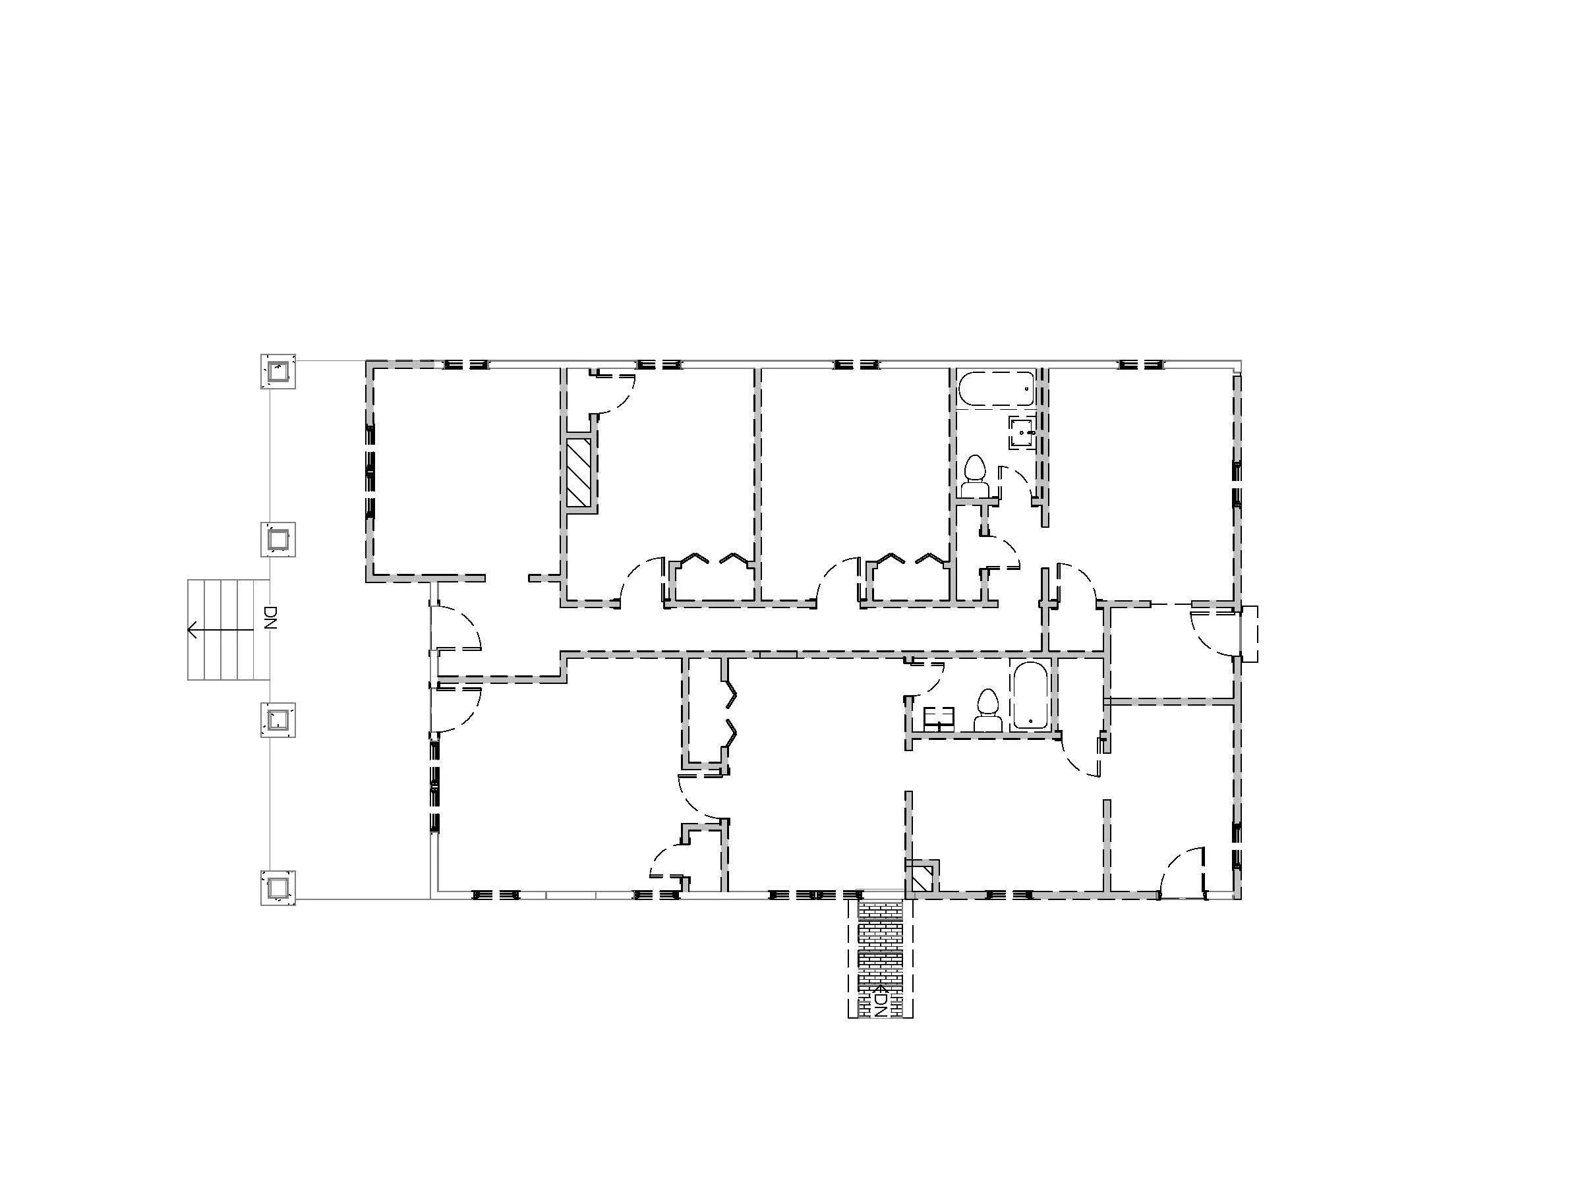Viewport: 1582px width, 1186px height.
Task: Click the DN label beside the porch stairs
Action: pyautogui.click(x=270, y=617)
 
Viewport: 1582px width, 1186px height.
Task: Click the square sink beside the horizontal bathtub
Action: pyautogui.click(x=1022, y=432)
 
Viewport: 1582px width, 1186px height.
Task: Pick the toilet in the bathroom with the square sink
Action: pyautogui.click(x=974, y=477)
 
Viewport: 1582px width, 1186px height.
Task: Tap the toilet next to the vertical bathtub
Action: pyautogui.click(x=987, y=710)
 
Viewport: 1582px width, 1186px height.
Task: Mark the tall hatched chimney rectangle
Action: pyautogui.click(x=578, y=473)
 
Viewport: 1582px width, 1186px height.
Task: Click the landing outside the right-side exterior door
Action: pyautogui.click(x=1249, y=634)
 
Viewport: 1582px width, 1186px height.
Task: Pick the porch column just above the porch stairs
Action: pyautogui.click(x=278, y=539)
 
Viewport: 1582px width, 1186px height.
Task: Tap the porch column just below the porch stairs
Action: pyautogui.click(x=278, y=720)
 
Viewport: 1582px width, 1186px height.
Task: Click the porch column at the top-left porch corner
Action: pyautogui.click(x=278, y=371)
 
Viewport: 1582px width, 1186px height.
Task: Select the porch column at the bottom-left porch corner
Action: pyautogui.click(x=278, y=887)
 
